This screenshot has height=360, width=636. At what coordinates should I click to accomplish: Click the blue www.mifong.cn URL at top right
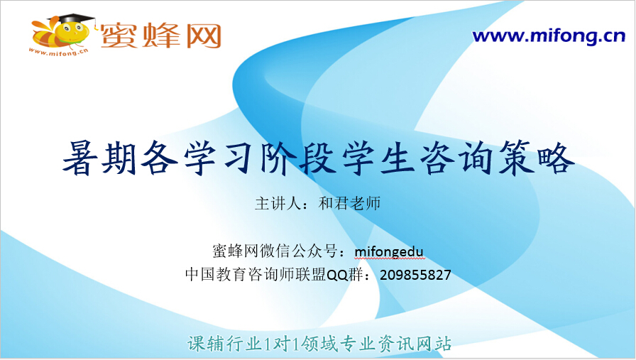tap(549, 36)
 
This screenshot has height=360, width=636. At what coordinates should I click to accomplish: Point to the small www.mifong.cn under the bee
tap(58, 52)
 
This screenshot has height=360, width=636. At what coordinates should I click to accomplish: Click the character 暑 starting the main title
tap(80, 158)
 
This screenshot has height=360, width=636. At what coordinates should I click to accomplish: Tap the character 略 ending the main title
tap(556, 158)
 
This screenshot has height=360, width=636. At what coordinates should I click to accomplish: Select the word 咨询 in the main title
tap(456, 158)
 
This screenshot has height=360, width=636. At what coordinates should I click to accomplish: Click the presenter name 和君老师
tap(350, 203)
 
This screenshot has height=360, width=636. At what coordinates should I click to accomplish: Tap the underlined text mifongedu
tap(389, 252)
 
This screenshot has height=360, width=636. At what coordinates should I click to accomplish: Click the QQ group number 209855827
tap(415, 276)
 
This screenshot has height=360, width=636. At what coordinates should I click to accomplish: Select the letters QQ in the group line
tap(337, 276)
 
